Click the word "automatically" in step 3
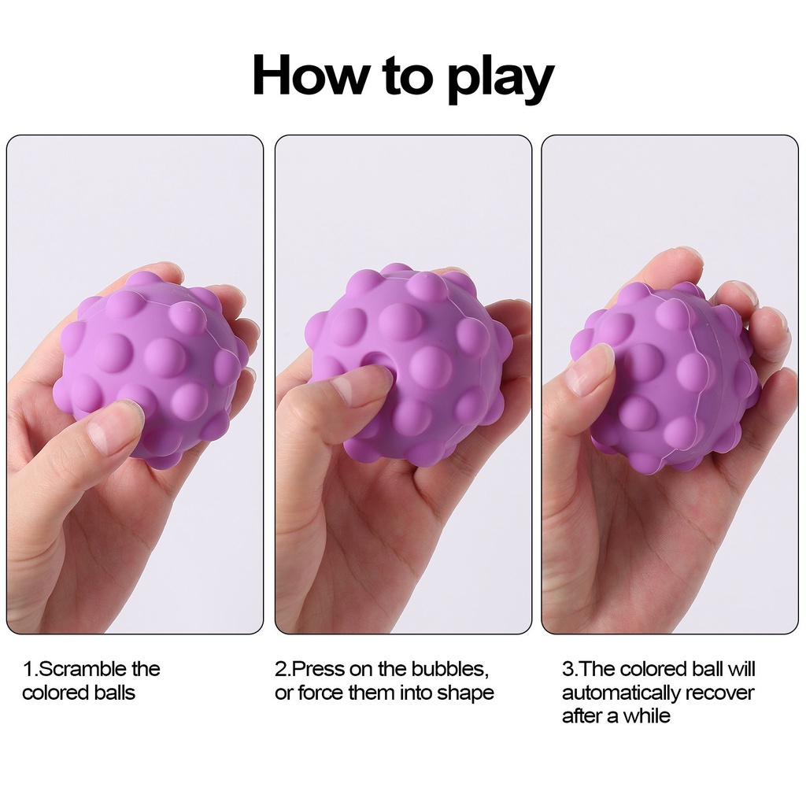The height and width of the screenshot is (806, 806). point(620,693)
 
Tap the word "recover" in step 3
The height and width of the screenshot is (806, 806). point(719,693)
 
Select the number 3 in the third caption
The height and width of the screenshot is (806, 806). point(568,669)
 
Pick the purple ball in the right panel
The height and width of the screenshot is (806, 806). point(669,378)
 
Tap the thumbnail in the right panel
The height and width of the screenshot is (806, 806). point(586,370)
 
